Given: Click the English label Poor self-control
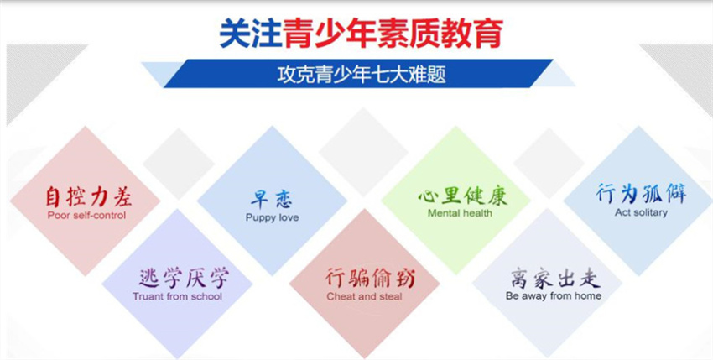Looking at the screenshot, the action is coord(86,216).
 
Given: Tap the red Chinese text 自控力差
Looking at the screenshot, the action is coord(88,197).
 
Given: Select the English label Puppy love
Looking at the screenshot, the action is coord(272,217).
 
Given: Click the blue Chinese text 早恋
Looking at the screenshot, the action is coord(272,200).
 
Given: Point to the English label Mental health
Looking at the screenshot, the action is coord(460,213).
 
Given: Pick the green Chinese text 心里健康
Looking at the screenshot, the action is coord(462,196).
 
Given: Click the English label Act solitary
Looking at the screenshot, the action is coord(641,212).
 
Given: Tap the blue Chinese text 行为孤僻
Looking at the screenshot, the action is coord(641,194).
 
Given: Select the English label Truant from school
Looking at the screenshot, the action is coord(177,297).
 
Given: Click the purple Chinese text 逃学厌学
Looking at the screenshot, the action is coord(183,278).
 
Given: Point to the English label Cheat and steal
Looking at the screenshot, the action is coord(364,297).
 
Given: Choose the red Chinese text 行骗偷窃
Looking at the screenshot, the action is coord(370,278).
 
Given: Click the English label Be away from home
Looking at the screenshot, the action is coord(554,296).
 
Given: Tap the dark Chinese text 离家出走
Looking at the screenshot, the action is coord(555,278).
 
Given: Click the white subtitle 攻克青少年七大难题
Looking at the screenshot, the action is coord(362,75).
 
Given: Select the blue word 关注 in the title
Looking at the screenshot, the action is coord(251,33).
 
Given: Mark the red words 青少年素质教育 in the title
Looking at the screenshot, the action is coord(393,33).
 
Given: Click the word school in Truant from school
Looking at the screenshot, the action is coord(206,297).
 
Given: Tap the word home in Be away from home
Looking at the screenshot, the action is coord(588,296).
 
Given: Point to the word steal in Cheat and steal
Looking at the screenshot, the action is coord(391,297).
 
